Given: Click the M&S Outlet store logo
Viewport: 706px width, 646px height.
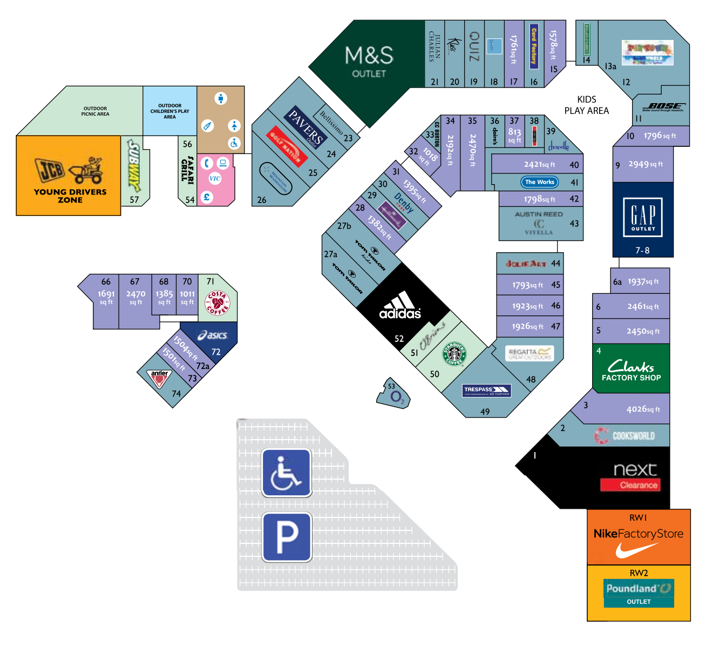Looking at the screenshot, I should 369,61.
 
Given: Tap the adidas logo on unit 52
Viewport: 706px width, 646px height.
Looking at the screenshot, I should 400,306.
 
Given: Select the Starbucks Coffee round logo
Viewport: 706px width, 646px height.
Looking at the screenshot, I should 454,354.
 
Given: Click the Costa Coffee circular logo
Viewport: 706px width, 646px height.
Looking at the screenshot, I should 218,303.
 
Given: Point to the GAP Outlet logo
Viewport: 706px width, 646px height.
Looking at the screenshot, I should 643,217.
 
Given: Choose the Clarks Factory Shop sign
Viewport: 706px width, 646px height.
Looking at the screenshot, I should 631,371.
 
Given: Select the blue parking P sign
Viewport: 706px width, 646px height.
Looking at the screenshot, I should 287,537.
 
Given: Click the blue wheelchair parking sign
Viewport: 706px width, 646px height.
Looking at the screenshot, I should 287,473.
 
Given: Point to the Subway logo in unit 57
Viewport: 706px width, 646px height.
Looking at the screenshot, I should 133,166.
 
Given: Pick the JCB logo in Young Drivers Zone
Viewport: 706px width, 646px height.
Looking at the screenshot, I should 50,170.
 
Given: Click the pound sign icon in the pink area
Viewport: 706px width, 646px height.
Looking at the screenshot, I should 206,197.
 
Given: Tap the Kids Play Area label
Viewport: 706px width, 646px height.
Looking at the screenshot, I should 586,105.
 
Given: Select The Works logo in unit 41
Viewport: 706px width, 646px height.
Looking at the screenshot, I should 539,182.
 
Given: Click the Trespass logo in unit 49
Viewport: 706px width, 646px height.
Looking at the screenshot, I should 486,391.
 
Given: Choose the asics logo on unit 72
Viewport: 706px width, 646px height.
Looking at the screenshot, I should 213,335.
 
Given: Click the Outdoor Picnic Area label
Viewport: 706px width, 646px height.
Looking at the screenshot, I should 95,111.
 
